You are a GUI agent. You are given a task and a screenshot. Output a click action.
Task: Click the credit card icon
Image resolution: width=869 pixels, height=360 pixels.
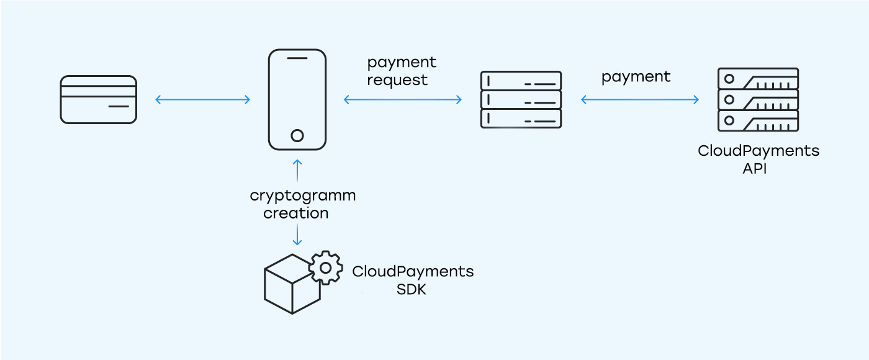pyautogui.click(x=98, y=99)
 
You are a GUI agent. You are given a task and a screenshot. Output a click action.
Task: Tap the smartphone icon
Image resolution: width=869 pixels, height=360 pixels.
pyautogui.click(x=297, y=99)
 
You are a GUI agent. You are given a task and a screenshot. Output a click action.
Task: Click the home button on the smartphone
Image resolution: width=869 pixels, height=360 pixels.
pyautogui.click(x=297, y=135)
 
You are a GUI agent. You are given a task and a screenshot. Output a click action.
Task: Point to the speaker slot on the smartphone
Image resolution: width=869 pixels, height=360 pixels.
pyautogui.click(x=297, y=58)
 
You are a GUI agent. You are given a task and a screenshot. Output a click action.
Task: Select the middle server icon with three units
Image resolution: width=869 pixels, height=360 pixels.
pyautogui.click(x=521, y=99)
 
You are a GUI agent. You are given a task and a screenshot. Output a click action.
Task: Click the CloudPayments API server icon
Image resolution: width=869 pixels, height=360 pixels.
pyautogui.click(x=758, y=99)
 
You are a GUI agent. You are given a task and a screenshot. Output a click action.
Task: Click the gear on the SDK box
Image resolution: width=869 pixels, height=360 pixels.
pyautogui.click(x=326, y=268)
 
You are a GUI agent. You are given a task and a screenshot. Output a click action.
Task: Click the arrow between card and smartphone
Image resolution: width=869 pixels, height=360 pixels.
pyautogui.click(x=202, y=99)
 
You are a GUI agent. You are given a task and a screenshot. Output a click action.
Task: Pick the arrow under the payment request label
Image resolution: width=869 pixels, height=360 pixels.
pyautogui.click(x=403, y=99)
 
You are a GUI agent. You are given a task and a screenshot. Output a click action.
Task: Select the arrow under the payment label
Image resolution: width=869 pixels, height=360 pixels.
pyautogui.click(x=639, y=99)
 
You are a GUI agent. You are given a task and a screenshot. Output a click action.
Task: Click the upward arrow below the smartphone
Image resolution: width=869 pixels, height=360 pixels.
pyautogui.click(x=297, y=170)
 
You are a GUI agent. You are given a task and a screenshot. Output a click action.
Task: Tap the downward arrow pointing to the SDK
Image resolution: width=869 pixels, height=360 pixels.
pyautogui.click(x=297, y=235)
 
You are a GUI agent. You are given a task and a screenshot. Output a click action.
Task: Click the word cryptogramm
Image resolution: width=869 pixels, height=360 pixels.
pyautogui.click(x=302, y=196)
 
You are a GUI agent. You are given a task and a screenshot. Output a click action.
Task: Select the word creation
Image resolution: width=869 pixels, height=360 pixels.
pyautogui.click(x=296, y=213)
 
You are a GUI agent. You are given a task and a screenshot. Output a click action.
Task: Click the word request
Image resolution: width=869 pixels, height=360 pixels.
pyautogui.click(x=397, y=80)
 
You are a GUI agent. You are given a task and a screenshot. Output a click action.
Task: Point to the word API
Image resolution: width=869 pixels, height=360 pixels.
pyautogui.click(x=754, y=168)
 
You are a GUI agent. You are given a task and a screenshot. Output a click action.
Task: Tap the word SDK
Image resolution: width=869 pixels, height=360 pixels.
pyautogui.click(x=412, y=289)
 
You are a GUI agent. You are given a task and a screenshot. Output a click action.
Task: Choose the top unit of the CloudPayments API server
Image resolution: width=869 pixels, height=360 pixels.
pyautogui.click(x=758, y=79)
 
